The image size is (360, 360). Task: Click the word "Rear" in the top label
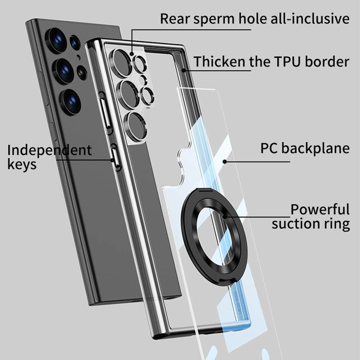click(x=175, y=19)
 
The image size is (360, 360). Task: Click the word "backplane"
click(x=316, y=148)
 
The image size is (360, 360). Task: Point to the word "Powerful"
click(x=320, y=209)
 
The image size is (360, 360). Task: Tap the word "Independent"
click(x=49, y=150)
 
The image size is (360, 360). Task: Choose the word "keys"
click(x=22, y=165)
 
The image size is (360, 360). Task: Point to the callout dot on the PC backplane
click(x=225, y=162)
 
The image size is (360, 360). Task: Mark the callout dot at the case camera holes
click(x=132, y=54)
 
